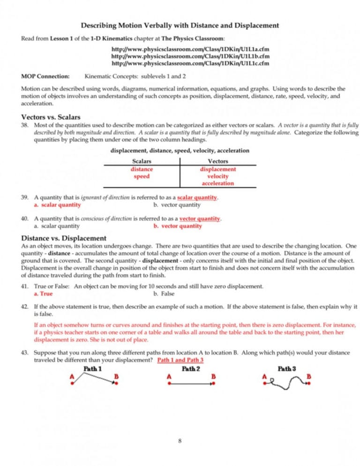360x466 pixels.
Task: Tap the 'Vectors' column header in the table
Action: tap(217, 161)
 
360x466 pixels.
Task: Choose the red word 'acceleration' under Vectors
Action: tap(217, 183)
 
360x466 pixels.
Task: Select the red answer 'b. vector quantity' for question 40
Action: tap(178, 226)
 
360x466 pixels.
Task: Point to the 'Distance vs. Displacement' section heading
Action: tap(64, 238)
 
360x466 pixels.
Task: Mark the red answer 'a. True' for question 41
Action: tap(43, 294)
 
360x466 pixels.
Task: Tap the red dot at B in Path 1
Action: tap(116, 383)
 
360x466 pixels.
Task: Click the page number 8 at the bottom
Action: tap(180, 441)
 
